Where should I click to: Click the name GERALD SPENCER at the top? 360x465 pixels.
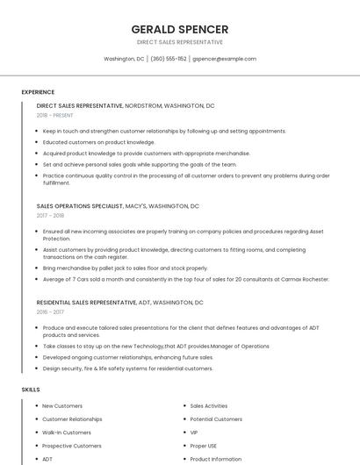pos(179,29)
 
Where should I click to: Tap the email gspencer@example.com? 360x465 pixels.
pos(224,59)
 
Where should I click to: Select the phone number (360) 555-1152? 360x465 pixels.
pos(169,59)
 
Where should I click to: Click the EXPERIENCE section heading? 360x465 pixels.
pos(38,92)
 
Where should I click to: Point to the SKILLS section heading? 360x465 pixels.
pos(31,389)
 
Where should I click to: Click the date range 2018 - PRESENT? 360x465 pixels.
pos(54,115)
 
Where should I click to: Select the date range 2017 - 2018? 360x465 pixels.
pos(50,215)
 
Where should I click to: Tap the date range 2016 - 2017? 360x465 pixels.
pos(50,311)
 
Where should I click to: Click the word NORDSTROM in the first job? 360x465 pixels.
pos(144,105)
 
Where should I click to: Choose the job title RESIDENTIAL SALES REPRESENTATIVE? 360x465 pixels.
pos(86,303)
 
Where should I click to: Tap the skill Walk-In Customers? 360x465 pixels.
pos(67,433)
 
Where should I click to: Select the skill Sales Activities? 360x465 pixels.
pos(209,406)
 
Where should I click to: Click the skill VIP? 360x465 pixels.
pos(194,433)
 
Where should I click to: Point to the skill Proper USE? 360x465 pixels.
pos(204,446)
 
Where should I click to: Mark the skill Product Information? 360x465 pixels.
pos(216,459)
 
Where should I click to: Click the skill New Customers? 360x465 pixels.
pos(62,406)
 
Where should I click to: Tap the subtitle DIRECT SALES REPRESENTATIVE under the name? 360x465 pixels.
pos(179,42)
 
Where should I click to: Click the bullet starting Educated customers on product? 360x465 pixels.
pos(98,142)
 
